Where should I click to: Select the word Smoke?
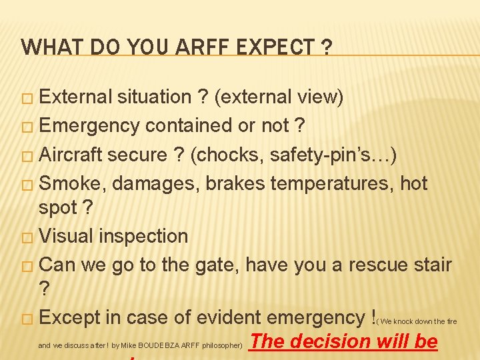click(x=72, y=183)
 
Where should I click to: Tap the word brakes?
click(x=229, y=183)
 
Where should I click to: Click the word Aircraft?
click(x=71, y=155)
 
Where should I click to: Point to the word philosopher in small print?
click(x=223, y=346)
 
